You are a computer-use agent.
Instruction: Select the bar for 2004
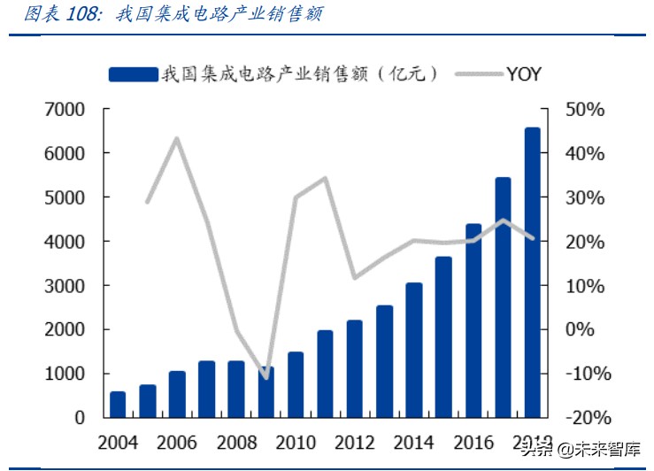[x=118, y=404]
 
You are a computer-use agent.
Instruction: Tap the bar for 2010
[x=296, y=384]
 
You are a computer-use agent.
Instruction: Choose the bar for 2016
[x=473, y=320]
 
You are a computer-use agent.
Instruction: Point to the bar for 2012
[x=355, y=368]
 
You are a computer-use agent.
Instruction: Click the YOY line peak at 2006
[x=177, y=138]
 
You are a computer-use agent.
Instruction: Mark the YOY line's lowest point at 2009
[x=265, y=378]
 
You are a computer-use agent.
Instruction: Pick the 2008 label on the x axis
[x=236, y=442]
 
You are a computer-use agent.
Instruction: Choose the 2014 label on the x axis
[x=414, y=442]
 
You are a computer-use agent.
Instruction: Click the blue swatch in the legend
[x=133, y=75]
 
